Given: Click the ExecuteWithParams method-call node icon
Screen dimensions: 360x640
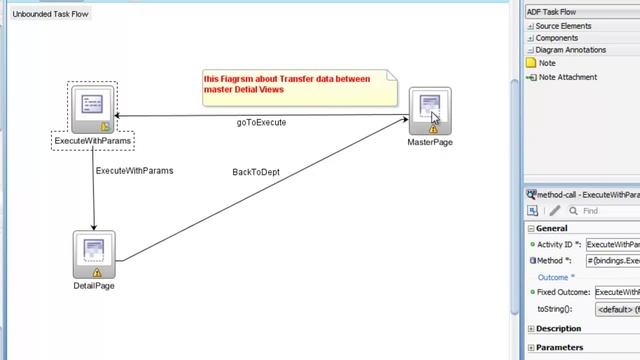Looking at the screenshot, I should (94, 108).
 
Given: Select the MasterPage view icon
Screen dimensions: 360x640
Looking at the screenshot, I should (430, 110).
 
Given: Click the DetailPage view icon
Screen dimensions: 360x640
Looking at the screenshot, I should (95, 254).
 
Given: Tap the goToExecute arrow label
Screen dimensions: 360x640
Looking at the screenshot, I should (261, 123).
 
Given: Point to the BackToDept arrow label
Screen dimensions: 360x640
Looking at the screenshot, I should (256, 172).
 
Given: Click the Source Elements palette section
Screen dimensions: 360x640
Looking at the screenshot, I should (570, 26).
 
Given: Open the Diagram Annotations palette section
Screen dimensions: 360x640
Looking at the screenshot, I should (576, 50).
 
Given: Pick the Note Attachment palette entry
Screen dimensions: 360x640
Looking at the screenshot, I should (567, 77).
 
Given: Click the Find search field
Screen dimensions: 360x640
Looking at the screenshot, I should (605, 211).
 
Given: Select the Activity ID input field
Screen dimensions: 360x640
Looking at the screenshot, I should (612, 244).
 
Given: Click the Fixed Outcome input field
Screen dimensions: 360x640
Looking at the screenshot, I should (616, 292).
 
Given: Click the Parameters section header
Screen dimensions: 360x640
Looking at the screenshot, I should (559, 348).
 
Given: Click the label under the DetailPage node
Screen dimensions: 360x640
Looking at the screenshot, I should (94, 286).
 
